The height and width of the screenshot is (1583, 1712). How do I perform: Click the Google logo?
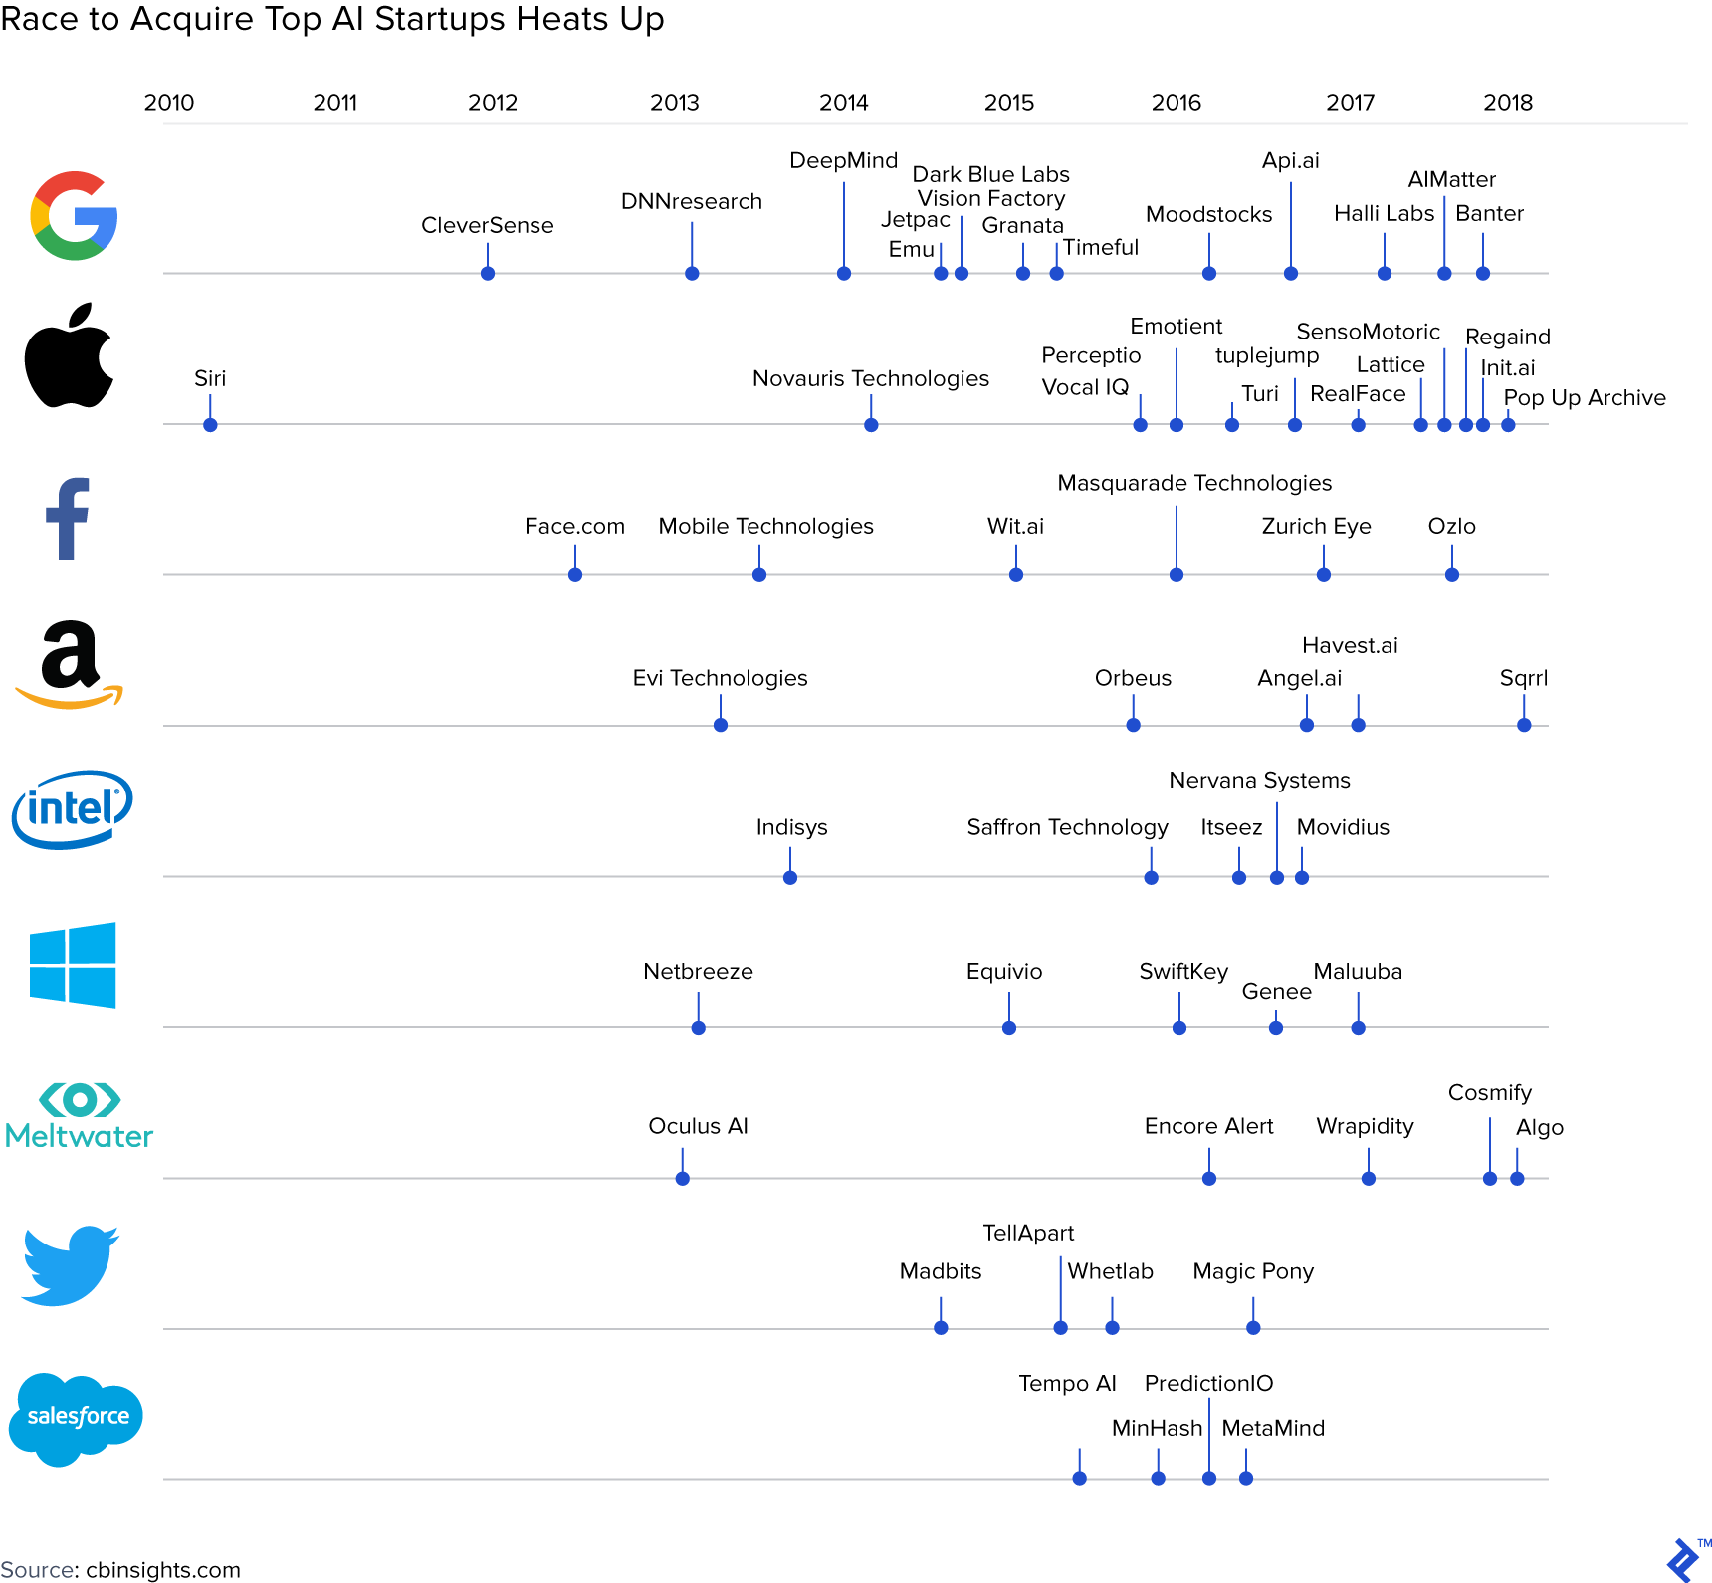coord(74,215)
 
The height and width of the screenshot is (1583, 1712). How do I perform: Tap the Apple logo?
coord(69,356)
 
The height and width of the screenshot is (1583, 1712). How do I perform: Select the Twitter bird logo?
coord(70,1265)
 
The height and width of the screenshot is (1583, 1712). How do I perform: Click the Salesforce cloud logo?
coord(76,1417)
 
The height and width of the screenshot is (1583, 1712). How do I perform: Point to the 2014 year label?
coord(843,103)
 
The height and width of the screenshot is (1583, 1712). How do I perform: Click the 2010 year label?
coord(169,103)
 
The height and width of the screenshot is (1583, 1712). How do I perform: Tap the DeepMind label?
coord(843,161)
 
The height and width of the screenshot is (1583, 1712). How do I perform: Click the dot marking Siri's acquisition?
coord(210,425)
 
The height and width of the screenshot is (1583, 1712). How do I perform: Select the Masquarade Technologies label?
coord(1194,483)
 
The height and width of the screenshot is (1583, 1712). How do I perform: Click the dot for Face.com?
coord(575,575)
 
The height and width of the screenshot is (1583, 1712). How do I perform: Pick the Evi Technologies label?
coord(720,678)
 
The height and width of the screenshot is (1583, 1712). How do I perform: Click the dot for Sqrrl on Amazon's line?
coord(1524,725)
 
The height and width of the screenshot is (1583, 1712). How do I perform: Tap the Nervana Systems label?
coord(1259,781)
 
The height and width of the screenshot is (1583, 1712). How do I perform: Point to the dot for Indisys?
coord(790,878)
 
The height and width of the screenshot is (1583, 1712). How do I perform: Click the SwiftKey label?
coord(1182,972)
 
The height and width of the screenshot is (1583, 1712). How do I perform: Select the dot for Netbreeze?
coord(699,1028)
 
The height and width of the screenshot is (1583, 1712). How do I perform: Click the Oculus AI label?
coord(698,1126)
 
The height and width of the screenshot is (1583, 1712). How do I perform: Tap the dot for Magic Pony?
coord(1253,1328)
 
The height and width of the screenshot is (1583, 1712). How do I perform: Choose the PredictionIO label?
coord(1208,1384)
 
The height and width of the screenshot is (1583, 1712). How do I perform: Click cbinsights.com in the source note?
coord(163,1570)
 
